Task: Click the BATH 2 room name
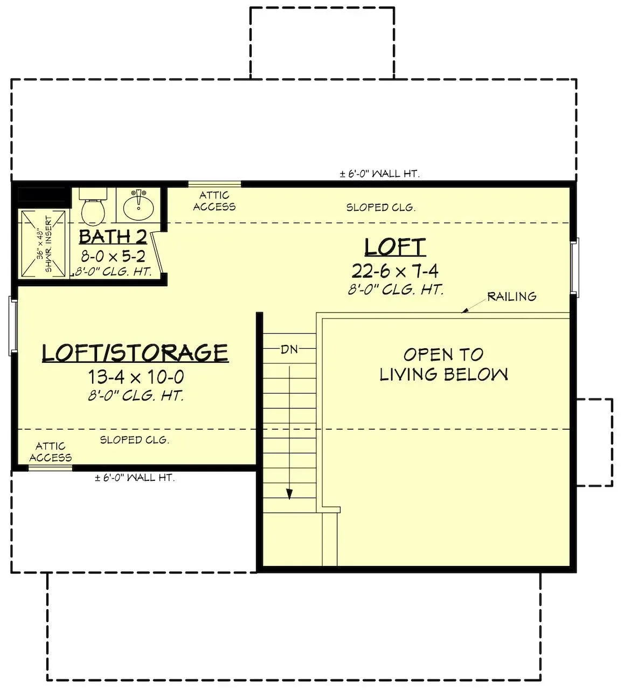pyautogui.click(x=113, y=237)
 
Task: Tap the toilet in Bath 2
pyautogui.click(x=93, y=205)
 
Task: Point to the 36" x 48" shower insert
pyautogui.click(x=43, y=244)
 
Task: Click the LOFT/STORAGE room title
pyautogui.click(x=135, y=353)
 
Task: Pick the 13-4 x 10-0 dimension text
pyautogui.click(x=136, y=377)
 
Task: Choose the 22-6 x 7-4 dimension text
pyautogui.click(x=395, y=271)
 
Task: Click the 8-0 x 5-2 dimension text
pyautogui.click(x=113, y=256)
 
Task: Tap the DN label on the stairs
pyautogui.click(x=289, y=349)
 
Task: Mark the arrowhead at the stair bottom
pyautogui.click(x=290, y=494)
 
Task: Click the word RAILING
pyautogui.click(x=512, y=296)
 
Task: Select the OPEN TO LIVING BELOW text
pyautogui.click(x=443, y=364)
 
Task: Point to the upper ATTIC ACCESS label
pyautogui.click(x=214, y=201)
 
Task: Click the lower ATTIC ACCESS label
pyautogui.click(x=51, y=452)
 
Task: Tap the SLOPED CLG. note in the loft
pyautogui.click(x=381, y=208)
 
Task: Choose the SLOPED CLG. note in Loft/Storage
pyautogui.click(x=135, y=440)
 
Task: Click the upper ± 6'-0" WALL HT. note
pyautogui.click(x=380, y=174)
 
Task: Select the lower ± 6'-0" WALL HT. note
pyautogui.click(x=135, y=478)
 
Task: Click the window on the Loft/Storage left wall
pyautogui.click(x=13, y=326)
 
